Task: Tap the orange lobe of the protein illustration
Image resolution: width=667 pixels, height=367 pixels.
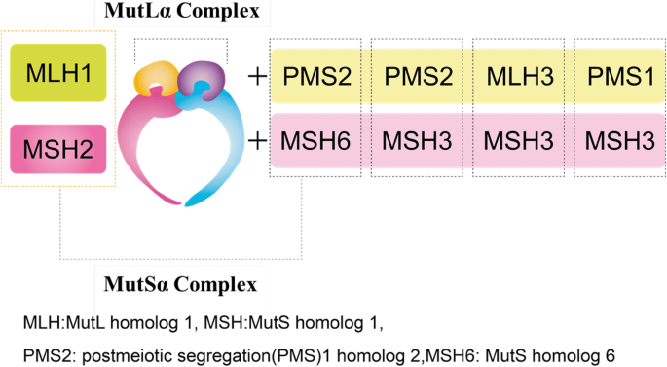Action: [x=159, y=79]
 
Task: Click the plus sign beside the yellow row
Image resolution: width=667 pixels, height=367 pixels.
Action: [x=257, y=76]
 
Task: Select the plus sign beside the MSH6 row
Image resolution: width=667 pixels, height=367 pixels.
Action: [x=257, y=139]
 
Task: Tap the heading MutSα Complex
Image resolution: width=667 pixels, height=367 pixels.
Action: [x=180, y=285]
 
